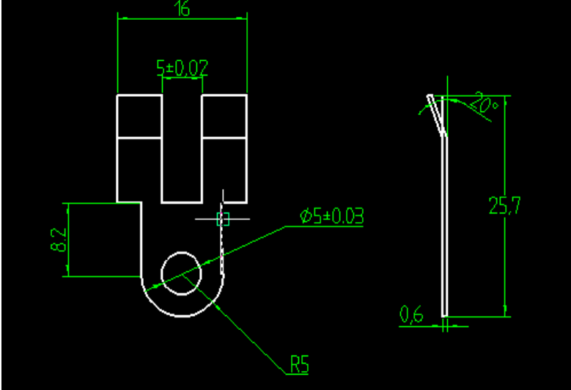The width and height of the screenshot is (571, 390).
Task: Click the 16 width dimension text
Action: click(182, 9)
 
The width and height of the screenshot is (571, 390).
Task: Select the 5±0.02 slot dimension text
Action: click(183, 68)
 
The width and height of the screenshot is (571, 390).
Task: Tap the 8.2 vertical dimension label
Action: click(59, 240)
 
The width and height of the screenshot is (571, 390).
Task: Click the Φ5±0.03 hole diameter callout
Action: click(331, 216)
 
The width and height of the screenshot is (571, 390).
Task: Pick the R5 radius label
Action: click(299, 364)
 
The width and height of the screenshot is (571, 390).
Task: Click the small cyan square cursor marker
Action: click(224, 218)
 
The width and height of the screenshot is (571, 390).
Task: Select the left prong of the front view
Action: click(139, 147)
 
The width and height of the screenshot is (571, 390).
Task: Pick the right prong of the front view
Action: click(224, 147)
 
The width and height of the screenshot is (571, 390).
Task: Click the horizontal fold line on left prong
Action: click(139, 136)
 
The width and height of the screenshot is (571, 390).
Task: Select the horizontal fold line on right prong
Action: click(224, 136)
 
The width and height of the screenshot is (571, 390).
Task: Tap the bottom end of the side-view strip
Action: click(444, 314)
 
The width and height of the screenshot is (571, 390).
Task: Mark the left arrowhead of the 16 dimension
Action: click(122, 18)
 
